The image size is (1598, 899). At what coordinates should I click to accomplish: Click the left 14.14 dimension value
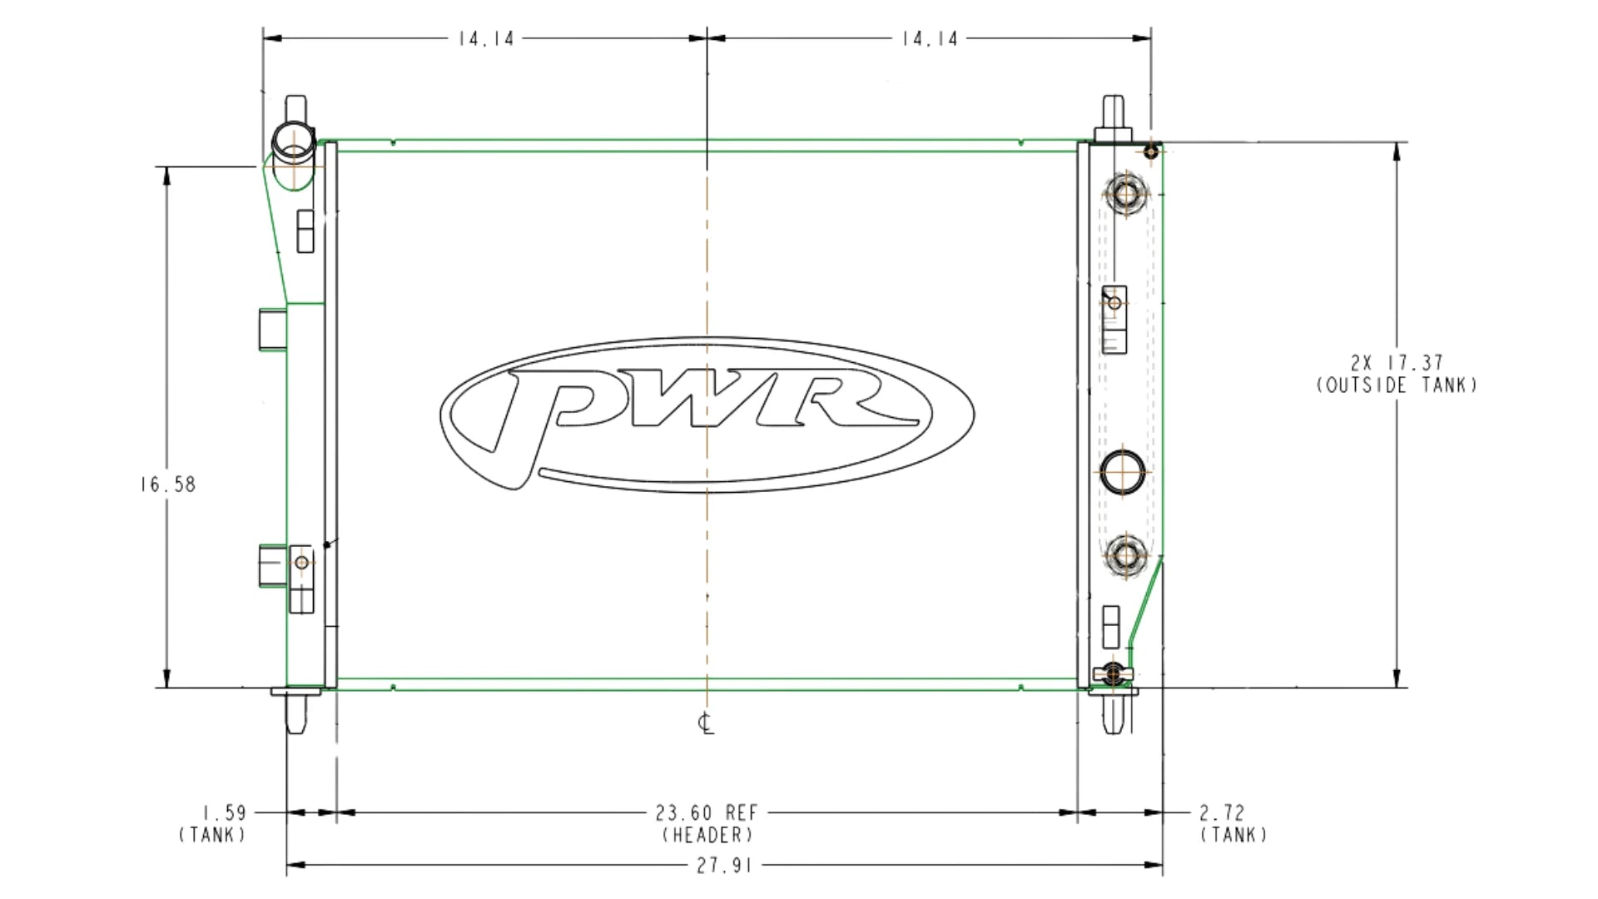coord(486,38)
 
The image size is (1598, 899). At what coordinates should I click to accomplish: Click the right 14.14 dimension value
coord(930,38)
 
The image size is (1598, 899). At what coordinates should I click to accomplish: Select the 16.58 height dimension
coord(167,484)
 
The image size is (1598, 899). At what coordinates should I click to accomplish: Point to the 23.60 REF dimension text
coord(707,812)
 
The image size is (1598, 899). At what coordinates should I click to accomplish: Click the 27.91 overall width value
coord(724,866)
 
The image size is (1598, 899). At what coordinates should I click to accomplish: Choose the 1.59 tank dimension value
coord(224,812)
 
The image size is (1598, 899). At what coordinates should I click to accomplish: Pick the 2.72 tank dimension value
coord(1222,812)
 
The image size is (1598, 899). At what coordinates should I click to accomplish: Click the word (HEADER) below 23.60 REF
coord(707,835)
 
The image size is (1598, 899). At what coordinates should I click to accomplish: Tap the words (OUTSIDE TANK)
coord(1397,385)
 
